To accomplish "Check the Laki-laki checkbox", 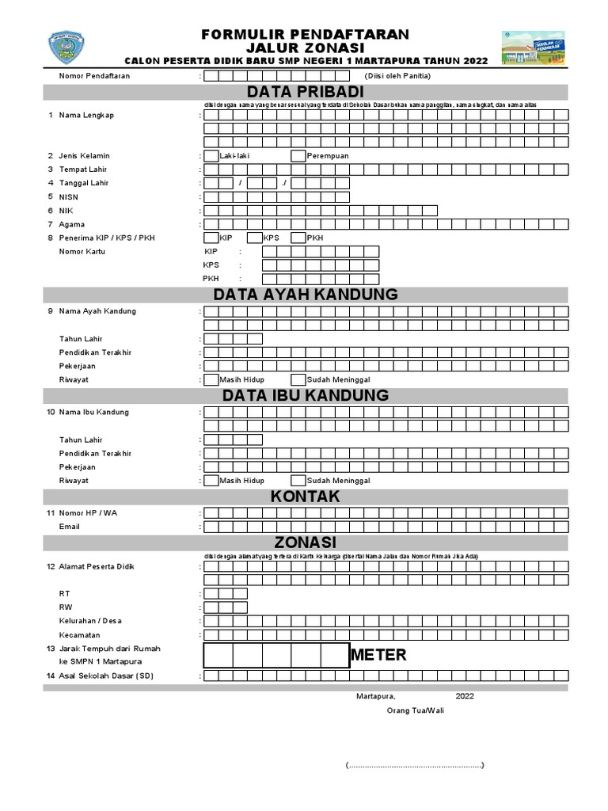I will click(211, 156).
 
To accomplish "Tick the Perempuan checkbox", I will click(298, 156).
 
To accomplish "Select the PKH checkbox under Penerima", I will click(298, 238).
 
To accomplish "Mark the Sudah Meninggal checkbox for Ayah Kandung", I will click(298, 380).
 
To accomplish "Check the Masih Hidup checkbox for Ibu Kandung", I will click(211, 481).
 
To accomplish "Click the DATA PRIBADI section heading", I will click(305, 93).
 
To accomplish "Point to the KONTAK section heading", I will click(305, 497).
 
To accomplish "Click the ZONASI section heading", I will click(305, 543).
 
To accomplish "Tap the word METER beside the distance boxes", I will click(378, 655).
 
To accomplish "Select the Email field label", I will click(70, 527).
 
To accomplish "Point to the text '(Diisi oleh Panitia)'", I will click(397, 76).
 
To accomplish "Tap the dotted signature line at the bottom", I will click(415, 766).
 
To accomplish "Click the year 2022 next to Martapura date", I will click(465, 696).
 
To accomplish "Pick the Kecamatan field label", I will click(79, 635).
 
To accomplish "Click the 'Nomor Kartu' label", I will click(82, 252).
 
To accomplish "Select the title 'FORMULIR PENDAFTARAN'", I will click(305, 34).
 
